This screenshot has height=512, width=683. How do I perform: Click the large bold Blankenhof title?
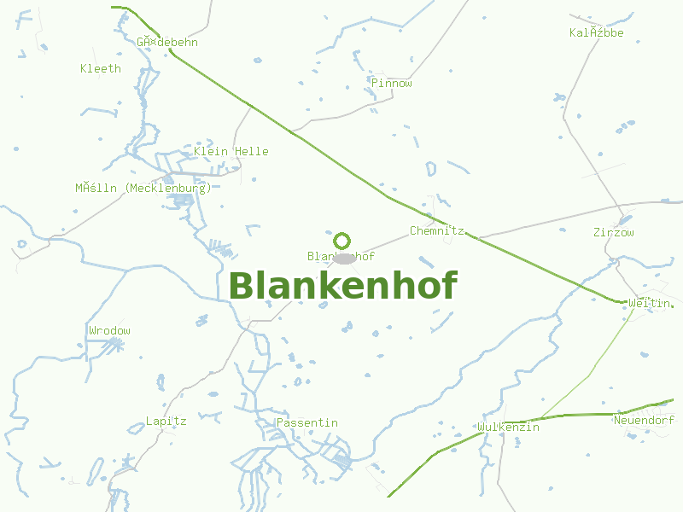(343, 286)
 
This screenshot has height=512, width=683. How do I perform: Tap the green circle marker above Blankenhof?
(342, 241)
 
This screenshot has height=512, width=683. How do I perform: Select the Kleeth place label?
(101, 68)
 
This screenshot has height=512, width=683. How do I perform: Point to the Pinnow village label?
(392, 83)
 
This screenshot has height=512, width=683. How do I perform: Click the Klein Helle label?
(231, 152)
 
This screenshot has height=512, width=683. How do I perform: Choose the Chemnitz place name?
(436, 230)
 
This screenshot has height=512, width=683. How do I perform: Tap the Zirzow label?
(614, 232)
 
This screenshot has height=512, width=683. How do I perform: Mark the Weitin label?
(648, 303)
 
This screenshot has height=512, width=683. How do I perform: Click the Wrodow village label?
(109, 330)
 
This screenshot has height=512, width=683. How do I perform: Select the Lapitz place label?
(166, 421)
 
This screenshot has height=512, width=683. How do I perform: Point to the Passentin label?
(306, 422)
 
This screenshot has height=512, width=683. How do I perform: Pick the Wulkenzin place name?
(509, 427)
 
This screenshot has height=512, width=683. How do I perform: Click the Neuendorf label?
(644, 420)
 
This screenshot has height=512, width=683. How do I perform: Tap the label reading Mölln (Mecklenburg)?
(143, 188)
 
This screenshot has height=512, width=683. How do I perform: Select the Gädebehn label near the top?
(167, 42)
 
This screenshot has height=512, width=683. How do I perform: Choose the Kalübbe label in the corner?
(597, 33)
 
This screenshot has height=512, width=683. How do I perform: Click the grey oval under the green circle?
(343, 258)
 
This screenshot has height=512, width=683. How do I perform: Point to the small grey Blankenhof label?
(341, 256)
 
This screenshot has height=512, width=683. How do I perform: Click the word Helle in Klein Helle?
(251, 152)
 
